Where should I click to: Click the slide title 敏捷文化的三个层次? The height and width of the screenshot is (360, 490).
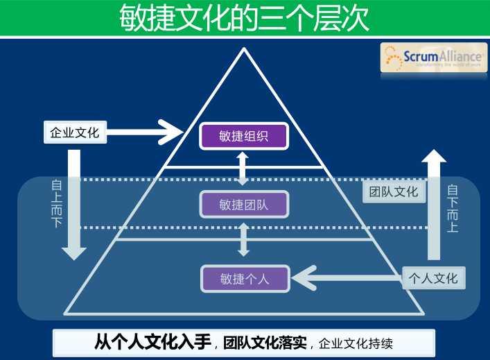[x=244, y=18]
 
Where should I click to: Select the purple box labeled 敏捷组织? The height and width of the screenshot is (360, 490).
[x=243, y=136]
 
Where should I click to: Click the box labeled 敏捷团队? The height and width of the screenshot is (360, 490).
[x=243, y=205]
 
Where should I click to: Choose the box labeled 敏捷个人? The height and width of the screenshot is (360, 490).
[x=244, y=279]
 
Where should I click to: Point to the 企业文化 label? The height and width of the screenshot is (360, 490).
[x=75, y=132]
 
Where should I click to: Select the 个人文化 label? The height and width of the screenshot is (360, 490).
[x=433, y=278]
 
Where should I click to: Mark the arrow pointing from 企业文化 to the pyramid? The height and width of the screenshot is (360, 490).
[x=148, y=131]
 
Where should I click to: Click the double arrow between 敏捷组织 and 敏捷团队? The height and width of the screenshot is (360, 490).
[x=243, y=169]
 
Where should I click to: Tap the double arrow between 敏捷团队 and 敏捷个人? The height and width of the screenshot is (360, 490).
[x=243, y=239]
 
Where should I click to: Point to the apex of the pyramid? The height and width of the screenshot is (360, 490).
[x=243, y=50]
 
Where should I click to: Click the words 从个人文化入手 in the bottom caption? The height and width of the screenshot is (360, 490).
[x=153, y=342]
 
